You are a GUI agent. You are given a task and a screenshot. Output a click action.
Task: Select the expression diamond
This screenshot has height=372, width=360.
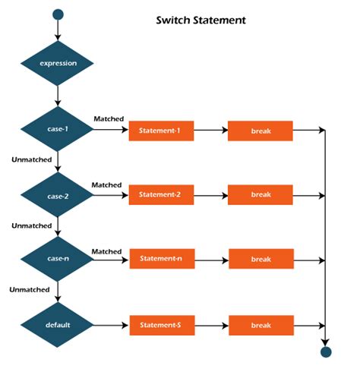pyautogui.click(x=57, y=63)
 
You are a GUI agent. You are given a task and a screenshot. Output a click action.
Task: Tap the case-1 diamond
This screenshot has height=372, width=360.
pyautogui.click(x=58, y=130)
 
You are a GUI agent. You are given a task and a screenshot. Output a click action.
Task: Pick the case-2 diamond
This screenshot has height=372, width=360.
pyautogui.click(x=58, y=196)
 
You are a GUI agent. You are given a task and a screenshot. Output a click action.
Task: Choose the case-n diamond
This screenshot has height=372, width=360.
pyautogui.click(x=58, y=260)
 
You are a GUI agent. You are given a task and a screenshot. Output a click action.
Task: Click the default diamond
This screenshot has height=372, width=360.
pyautogui.click(x=58, y=324)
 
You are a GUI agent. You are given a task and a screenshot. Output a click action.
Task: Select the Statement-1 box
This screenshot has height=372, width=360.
pyautogui.click(x=160, y=131)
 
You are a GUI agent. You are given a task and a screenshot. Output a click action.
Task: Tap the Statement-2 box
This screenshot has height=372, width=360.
pyautogui.click(x=160, y=195)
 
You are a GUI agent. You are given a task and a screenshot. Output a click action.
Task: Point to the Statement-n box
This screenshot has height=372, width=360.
pyautogui.click(x=160, y=259)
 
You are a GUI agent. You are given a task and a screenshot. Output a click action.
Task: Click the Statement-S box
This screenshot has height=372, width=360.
pyautogui.click(x=160, y=325)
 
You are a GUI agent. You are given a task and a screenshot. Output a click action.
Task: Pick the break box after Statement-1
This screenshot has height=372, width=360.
pyautogui.click(x=261, y=131)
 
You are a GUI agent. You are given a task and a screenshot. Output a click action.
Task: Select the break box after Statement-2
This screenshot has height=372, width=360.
pyautogui.click(x=261, y=195)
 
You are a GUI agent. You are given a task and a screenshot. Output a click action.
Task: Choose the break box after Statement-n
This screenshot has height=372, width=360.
pyautogui.click(x=261, y=259)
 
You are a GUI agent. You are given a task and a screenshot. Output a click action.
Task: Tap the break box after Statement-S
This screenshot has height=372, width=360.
pyautogui.click(x=261, y=325)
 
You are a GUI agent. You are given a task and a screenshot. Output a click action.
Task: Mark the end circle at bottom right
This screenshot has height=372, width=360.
pyautogui.click(x=326, y=352)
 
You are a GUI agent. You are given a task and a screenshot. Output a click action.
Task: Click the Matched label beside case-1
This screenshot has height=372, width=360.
pyautogui.click(x=109, y=119)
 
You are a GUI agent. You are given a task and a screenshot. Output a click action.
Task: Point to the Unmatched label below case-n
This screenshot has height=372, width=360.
pyautogui.click(x=30, y=289)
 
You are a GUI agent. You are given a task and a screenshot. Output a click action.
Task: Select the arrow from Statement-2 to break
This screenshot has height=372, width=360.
pyautogui.click(x=210, y=195)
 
